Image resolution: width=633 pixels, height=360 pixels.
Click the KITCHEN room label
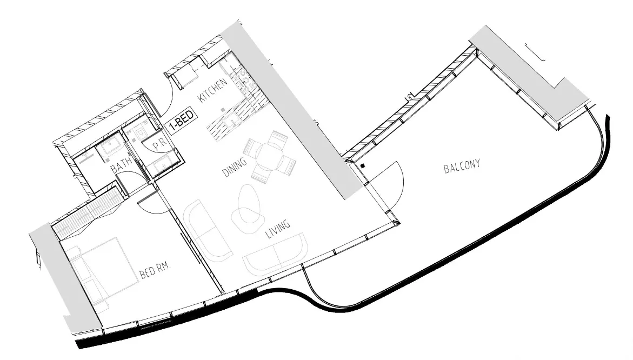point(209,90)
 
